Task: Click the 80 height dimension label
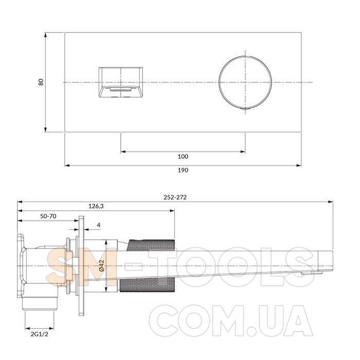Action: coord(41,82)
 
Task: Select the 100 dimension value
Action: coord(183,156)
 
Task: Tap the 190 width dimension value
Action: coord(183,170)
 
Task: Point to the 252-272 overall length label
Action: coord(175,197)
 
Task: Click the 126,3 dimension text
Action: coord(96,206)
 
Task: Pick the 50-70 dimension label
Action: coord(48,216)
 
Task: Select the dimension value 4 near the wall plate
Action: coord(99,225)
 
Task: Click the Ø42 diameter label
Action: coord(102,266)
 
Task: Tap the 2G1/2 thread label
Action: coord(40,334)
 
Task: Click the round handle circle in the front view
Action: coord(219,82)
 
